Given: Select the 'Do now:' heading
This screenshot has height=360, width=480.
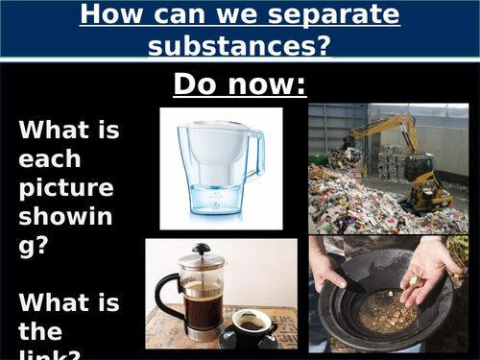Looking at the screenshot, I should point(239,84).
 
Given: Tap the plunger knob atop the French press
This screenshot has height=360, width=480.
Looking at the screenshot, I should point(200,248).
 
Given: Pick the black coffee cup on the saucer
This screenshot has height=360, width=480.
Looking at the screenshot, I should point(252,327).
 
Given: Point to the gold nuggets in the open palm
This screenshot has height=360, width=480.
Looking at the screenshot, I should point(415,279).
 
